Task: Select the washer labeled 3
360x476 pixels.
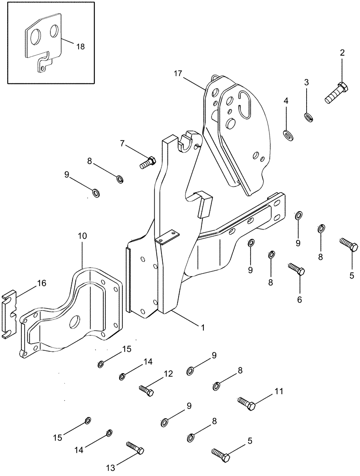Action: (x=309, y=116)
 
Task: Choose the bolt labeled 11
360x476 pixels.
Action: (x=246, y=404)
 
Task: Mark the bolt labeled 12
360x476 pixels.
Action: (x=146, y=390)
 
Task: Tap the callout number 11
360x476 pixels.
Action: (x=278, y=392)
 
